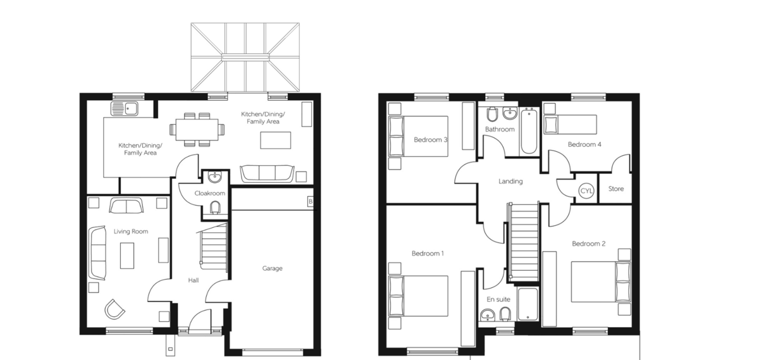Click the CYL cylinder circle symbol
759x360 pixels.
point(586,190)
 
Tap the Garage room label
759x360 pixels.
point(272,268)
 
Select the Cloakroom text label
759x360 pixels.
point(210,193)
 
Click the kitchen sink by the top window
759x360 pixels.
point(125,108)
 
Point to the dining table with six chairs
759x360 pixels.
point(197,130)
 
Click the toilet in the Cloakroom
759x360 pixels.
point(214,208)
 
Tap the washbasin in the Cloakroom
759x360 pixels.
point(215,177)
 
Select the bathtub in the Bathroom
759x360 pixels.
point(529,131)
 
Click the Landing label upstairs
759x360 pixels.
point(510,182)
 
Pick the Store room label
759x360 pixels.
point(615,189)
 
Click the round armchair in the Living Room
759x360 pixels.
point(114,309)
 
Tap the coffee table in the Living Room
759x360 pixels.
point(127,256)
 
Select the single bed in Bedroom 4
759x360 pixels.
point(571,125)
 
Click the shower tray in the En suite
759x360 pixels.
point(528,304)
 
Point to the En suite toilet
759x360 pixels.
point(505,314)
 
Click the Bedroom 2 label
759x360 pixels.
point(589,244)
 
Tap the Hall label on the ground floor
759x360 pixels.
point(194,280)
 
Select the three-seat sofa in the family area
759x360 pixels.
point(267,173)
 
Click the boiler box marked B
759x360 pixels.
point(310,202)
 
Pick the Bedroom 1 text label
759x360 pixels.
point(428,254)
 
